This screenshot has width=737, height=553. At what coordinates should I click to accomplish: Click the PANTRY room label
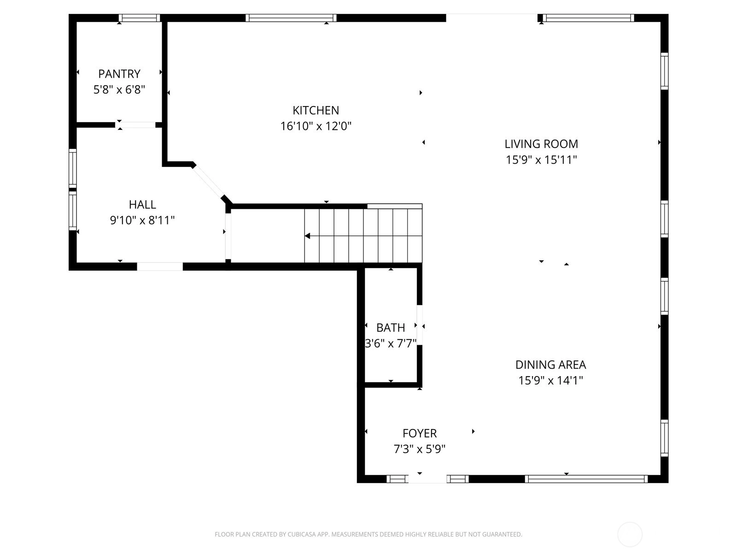click(x=119, y=74)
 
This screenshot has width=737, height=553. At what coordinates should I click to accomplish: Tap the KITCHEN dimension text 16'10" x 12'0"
click(x=316, y=126)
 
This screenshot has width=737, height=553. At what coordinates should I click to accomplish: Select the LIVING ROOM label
click(x=541, y=144)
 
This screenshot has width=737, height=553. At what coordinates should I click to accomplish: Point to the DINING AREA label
click(x=550, y=365)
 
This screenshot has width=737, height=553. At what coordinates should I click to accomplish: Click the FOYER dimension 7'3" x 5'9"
click(x=419, y=448)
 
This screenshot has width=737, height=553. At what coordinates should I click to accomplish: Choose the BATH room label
click(x=391, y=327)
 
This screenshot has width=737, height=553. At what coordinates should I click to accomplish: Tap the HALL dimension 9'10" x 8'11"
click(x=142, y=220)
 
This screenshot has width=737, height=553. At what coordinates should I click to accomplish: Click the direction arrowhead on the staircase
click(x=307, y=236)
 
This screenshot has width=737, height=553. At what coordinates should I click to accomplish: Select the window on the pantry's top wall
click(x=140, y=18)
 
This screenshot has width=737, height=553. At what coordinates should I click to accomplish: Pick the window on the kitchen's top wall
click(x=291, y=18)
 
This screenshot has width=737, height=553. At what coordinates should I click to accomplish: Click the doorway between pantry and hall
click(x=135, y=125)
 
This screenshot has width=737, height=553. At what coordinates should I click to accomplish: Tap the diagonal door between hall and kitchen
click(x=208, y=181)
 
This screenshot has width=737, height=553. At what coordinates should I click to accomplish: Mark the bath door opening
click(x=420, y=325)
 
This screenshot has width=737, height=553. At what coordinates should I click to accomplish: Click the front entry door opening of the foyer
click(x=427, y=479)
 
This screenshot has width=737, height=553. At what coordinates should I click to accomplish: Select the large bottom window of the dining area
click(x=586, y=479)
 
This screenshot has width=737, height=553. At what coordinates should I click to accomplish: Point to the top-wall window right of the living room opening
click(x=588, y=18)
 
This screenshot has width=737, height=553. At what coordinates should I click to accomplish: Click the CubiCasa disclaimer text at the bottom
click(x=368, y=534)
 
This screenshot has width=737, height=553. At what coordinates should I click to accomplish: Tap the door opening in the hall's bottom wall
click(x=160, y=267)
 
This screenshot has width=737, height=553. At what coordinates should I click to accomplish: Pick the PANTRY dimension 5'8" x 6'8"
click(x=119, y=90)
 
